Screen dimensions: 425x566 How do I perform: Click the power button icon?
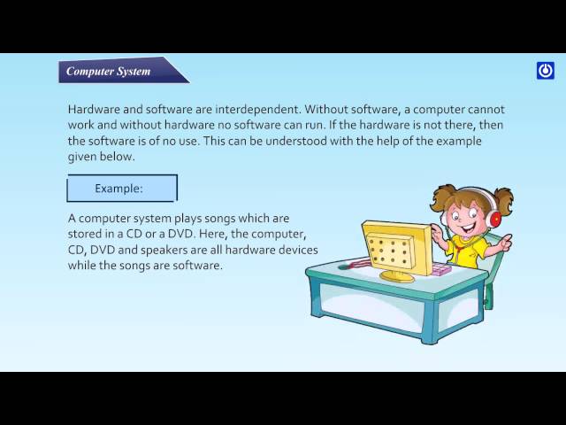pyautogui.click(x=546, y=71)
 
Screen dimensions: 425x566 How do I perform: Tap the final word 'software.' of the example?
pyautogui.click(x=198, y=266)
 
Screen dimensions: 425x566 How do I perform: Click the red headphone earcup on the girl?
pyautogui.click(x=493, y=218)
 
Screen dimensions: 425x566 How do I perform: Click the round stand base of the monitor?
pyautogui.click(x=396, y=276)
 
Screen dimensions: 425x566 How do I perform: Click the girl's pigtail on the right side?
pyautogui.click(x=505, y=198)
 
